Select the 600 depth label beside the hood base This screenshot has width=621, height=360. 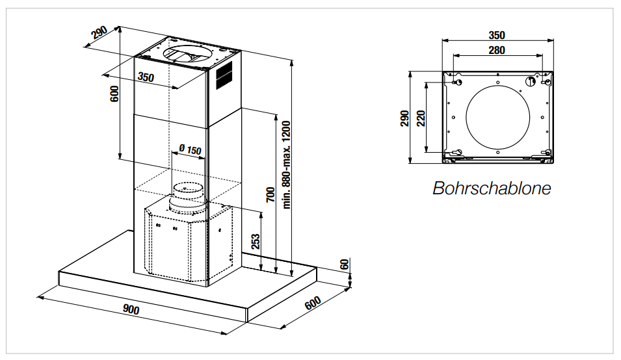point(313,303)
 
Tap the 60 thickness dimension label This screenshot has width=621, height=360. point(345,264)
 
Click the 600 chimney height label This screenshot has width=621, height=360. point(115,94)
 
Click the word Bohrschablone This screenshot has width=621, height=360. point(492,188)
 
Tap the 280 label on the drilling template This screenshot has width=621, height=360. point(497,50)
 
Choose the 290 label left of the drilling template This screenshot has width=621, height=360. point(405,118)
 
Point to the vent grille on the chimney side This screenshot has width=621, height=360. point(224,76)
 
